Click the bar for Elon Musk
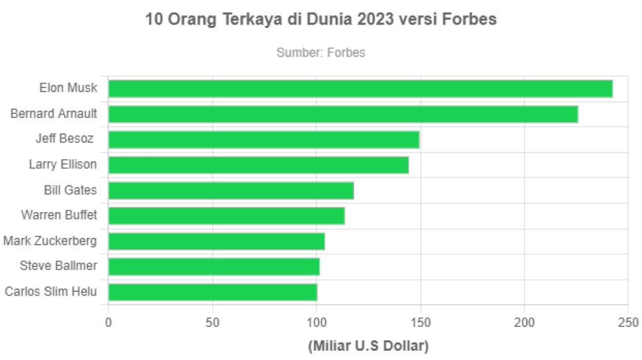click(x=360, y=89)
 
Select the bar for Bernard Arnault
click(x=343, y=114)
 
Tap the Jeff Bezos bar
click(x=264, y=140)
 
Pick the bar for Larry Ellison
click(x=258, y=165)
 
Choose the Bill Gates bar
click(x=231, y=191)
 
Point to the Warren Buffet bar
click(x=227, y=216)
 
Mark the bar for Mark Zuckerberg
click(x=216, y=241)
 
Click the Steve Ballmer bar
click(x=214, y=267)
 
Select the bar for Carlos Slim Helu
click(x=213, y=292)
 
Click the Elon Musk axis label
click(x=68, y=88)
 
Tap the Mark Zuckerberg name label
click(x=50, y=241)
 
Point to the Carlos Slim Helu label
click(x=50, y=292)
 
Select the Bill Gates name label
click(x=70, y=190)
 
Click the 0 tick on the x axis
click(x=108, y=323)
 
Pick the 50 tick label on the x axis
click(x=212, y=323)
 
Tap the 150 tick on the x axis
click(x=420, y=323)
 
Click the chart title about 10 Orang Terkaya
click(x=321, y=21)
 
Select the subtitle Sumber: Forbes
click(x=320, y=52)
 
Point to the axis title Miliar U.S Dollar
click(x=368, y=346)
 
